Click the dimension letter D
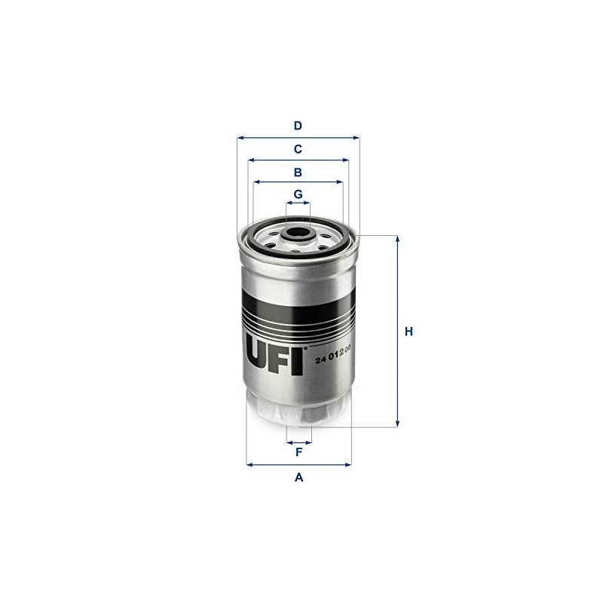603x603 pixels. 298,126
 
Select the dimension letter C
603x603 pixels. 298,149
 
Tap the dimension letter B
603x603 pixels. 298,172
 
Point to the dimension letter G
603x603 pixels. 298,194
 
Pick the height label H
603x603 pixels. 409,332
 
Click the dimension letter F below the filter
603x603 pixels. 298,452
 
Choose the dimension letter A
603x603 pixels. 298,477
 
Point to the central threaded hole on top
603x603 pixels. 298,231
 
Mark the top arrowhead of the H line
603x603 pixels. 397,238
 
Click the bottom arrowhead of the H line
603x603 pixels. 397,424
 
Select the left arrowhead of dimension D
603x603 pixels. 240,138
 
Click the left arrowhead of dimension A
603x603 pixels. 249,464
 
